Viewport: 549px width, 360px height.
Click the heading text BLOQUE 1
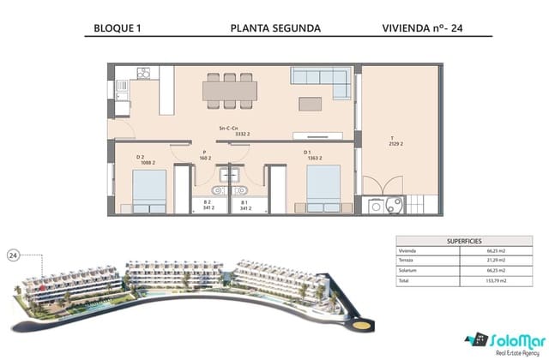point(117,27)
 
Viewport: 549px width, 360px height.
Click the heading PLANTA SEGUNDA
point(275,27)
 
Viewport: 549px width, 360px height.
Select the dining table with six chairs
point(228,88)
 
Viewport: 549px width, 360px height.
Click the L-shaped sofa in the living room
point(321,81)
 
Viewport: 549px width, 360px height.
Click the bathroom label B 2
point(208,205)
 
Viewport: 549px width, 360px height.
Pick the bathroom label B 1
point(244,205)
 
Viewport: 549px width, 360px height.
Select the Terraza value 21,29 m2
point(473,260)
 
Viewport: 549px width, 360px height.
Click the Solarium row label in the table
point(407,270)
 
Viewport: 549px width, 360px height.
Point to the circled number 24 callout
point(14,255)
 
